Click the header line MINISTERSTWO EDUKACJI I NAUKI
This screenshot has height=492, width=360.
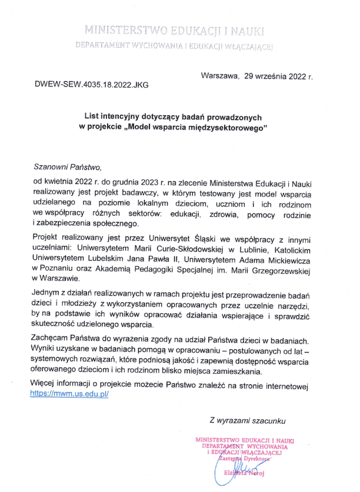pos(175,29)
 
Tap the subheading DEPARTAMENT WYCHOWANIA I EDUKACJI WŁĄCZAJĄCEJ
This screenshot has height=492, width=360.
pos(175,46)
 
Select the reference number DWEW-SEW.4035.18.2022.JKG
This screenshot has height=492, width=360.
pos(92,85)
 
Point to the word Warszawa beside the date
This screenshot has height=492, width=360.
pos(219,76)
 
